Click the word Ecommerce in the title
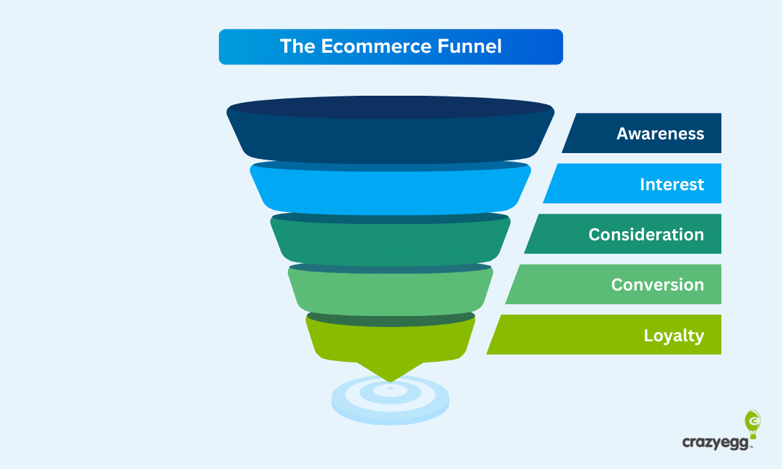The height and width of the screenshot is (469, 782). point(375,46)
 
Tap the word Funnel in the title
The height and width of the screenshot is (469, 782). point(469,46)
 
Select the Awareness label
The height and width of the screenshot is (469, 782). point(660,134)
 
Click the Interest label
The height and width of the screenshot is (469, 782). point(672,184)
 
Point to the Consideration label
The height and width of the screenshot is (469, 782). point(646,234)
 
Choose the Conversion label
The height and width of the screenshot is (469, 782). point(657,285)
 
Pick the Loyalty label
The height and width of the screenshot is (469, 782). point(674,335)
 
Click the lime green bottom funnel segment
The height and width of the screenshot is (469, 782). point(390,341)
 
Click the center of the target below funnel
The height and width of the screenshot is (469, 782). point(390,389)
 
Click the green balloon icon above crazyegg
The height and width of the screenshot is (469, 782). point(752,420)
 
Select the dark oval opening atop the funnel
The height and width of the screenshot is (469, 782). point(390,107)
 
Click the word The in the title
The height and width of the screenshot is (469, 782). point(298,46)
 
